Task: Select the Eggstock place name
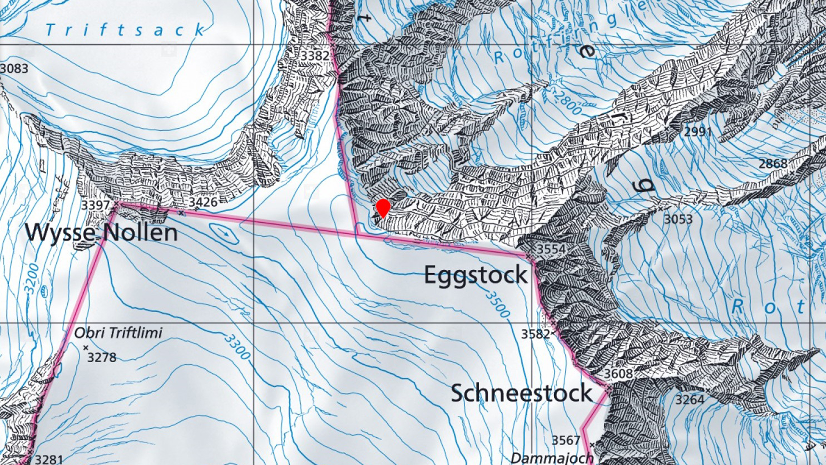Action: click(476, 275)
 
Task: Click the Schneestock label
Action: click(521, 393)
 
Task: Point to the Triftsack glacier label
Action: click(125, 30)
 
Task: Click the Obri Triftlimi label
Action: click(118, 333)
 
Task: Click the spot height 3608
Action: click(618, 374)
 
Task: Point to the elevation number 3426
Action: click(203, 202)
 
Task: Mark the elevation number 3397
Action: click(96, 205)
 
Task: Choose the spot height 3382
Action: click(315, 56)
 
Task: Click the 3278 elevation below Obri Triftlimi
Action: click(102, 357)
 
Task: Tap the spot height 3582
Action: click(535, 334)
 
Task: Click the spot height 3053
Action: click(678, 220)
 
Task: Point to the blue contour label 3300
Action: click(237, 347)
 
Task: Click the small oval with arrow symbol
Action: click(224, 233)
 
